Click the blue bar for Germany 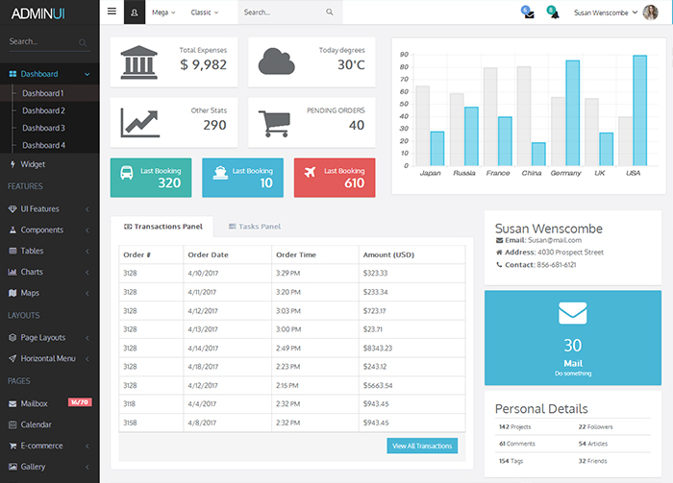point(572,113)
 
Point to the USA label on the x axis point(633,173)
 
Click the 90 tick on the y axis point(404,55)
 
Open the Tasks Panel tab point(255,227)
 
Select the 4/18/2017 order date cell point(204,366)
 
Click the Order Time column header point(296,254)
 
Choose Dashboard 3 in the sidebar point(43,128)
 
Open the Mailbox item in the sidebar point(36,403)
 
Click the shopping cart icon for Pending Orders point(274,124)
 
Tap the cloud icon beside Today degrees point(276,61)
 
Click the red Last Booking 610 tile point(335,178)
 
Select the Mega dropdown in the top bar point(163,12)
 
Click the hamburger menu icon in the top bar point(112,12)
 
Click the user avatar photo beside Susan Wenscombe point(650,12)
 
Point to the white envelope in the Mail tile point(573,313)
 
